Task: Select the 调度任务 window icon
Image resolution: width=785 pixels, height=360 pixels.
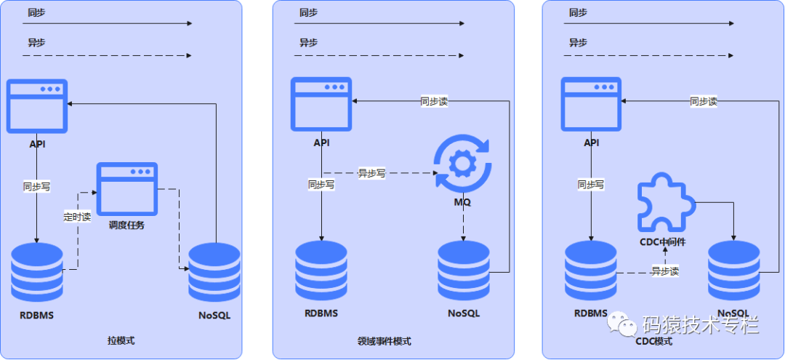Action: [127, 188]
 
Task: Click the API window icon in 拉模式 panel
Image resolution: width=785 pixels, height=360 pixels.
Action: [37, 106]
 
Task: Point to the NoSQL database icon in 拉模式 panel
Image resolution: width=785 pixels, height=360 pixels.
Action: [214, 272]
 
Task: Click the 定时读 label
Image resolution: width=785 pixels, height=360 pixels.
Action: [77, 216]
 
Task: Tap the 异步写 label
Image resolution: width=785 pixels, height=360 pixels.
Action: [371, 173]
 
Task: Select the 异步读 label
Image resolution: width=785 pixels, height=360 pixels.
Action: [664, 271]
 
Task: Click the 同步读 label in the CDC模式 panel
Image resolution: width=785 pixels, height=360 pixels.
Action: [704, 102]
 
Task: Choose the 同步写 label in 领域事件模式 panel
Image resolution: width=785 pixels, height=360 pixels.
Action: [321, 185]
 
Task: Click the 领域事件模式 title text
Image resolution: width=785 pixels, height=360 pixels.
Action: [384, 340]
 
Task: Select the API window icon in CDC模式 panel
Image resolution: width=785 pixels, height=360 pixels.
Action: [592, 105]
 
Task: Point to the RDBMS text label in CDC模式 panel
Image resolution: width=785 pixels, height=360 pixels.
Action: [590, 313]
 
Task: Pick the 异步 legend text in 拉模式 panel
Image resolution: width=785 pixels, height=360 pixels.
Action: [37, 43]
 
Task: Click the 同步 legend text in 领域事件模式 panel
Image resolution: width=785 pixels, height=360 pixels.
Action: [308, 12]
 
